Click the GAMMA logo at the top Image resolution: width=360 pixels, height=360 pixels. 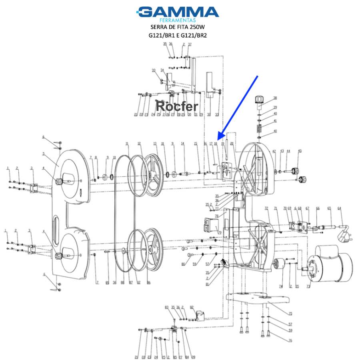point(178,12)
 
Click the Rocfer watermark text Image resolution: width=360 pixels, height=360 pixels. point(176,106)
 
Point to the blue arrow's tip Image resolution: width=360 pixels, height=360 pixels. point(218,139)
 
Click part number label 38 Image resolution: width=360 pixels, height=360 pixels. point(275,98)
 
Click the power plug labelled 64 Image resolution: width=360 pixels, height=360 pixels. point(344,236)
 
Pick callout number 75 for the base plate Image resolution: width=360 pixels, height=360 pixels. point(290,314)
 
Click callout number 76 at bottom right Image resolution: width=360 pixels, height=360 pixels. point(290,340)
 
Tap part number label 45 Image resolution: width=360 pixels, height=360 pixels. point(300,151)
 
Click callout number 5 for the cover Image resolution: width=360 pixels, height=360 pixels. point(44,154)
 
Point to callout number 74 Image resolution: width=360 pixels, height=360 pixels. point(281,286)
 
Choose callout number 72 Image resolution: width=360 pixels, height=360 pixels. point(266,208)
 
